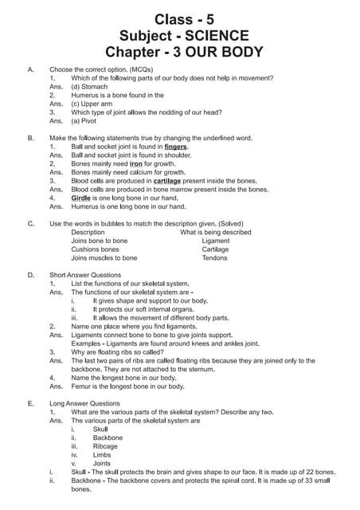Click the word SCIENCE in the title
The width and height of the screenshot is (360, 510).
point(214,35)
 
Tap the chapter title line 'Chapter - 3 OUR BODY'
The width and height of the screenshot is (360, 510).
point(179,53)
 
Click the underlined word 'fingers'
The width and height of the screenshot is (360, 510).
point(177,147)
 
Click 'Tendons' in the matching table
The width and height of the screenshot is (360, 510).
point(214,258)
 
